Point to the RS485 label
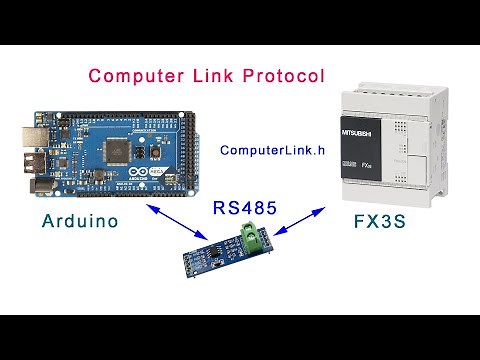point(245,209)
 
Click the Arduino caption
point(81,220)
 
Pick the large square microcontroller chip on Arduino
point(115,149)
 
